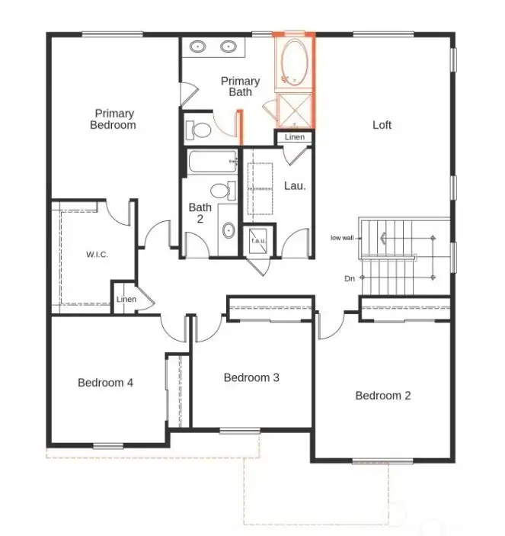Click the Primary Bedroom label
click(113, 118)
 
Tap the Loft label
click(382, 125)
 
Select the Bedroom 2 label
click(383, 396)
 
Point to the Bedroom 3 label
click(251, 377)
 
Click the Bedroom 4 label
click(106, 383)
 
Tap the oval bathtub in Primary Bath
click(293, 62)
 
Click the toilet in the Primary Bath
click(200, 129)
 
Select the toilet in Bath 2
click(222, 190)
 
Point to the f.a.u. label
click(258, 241)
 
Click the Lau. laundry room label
click(295, 185)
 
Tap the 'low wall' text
click(342, 238)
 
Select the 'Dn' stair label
click(350, 279)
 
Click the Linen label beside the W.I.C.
click(126, 300)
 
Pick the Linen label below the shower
click(295, 137)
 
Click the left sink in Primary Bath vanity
click(198, 47)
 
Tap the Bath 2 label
click(200, 213)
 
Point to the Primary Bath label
click(241, 86)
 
